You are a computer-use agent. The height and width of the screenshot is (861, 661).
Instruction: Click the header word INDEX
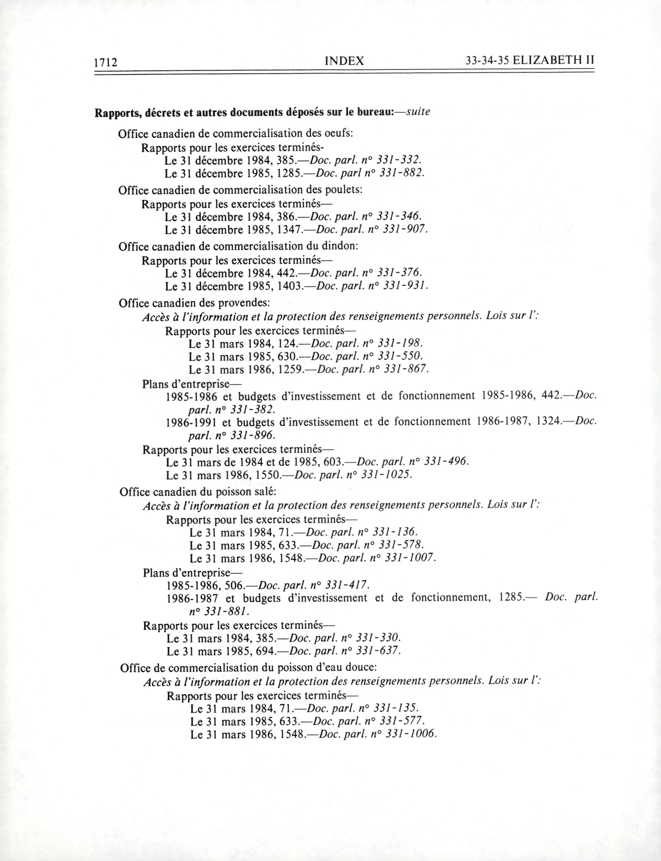[344, 61]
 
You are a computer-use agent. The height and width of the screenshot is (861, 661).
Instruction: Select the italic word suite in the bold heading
[418, 112]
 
